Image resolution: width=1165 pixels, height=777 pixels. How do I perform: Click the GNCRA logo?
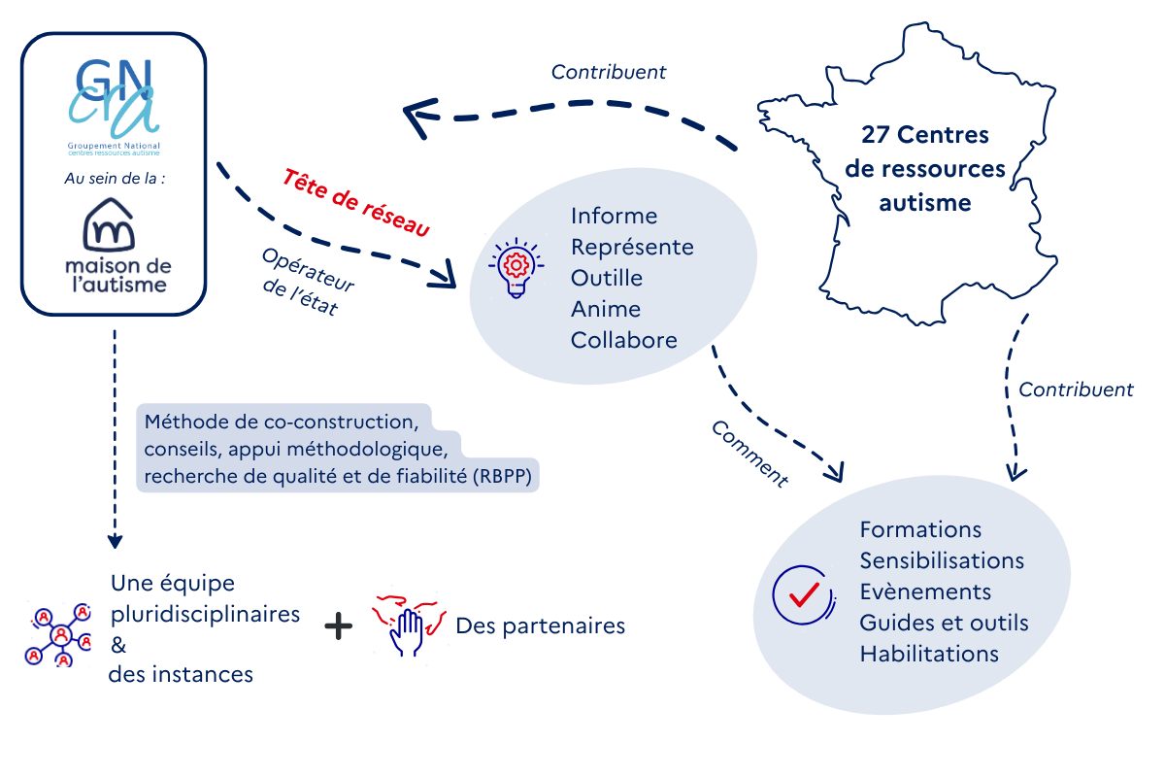pyautogui.click(x=113, y=101)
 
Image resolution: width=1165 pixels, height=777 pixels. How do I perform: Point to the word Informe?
pyautogui.click(x=614, y=216)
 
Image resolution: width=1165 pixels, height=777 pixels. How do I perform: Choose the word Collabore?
pyautogui.click(x=623, y=341)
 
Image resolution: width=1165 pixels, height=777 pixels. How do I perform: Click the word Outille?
pyautogui.click(x=606, y=278)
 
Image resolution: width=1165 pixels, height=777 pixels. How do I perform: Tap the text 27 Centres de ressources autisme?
pyautogui.click(x=924, y=168)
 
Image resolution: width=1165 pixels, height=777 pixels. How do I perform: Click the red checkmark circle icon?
pyautogui.click(x=802, y=593)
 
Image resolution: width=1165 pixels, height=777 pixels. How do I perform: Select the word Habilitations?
pyautogui.click(x=928, y=654)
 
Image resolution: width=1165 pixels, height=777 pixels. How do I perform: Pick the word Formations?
pyautogui.click(x=920, y=529)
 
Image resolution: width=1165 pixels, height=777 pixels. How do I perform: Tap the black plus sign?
pyautogui.click(x=338, y=626)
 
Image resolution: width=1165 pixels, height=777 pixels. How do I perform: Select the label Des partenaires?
pyautogui.click(x=540, y=626)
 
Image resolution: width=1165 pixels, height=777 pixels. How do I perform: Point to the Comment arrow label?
pyautogui.click(x=749, y=454)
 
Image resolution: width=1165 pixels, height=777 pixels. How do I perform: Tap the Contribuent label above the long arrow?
pyautogui.click(x=609, y=72)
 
